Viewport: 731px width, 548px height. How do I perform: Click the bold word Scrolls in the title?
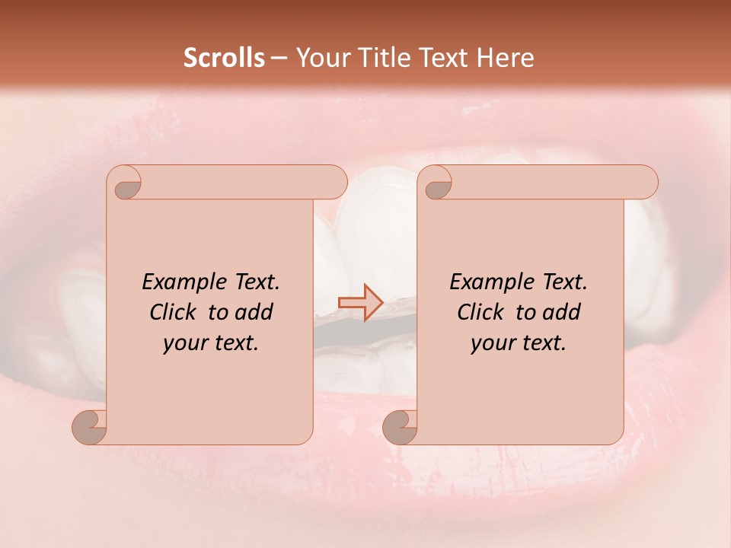[x=224, y=58]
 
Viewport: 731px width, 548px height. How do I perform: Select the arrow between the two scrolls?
[x=360, y=303]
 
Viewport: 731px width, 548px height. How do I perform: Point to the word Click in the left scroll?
[x=177, y=312]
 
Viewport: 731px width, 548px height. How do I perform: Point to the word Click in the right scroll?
[x=485, y=312]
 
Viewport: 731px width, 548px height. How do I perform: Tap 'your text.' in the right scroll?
[x=519, y=342]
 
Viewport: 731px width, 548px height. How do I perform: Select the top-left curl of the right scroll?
[x=436, y=183]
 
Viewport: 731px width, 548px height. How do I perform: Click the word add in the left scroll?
[x=254, y=312]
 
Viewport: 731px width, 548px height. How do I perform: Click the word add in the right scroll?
[x=561, y=312]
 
